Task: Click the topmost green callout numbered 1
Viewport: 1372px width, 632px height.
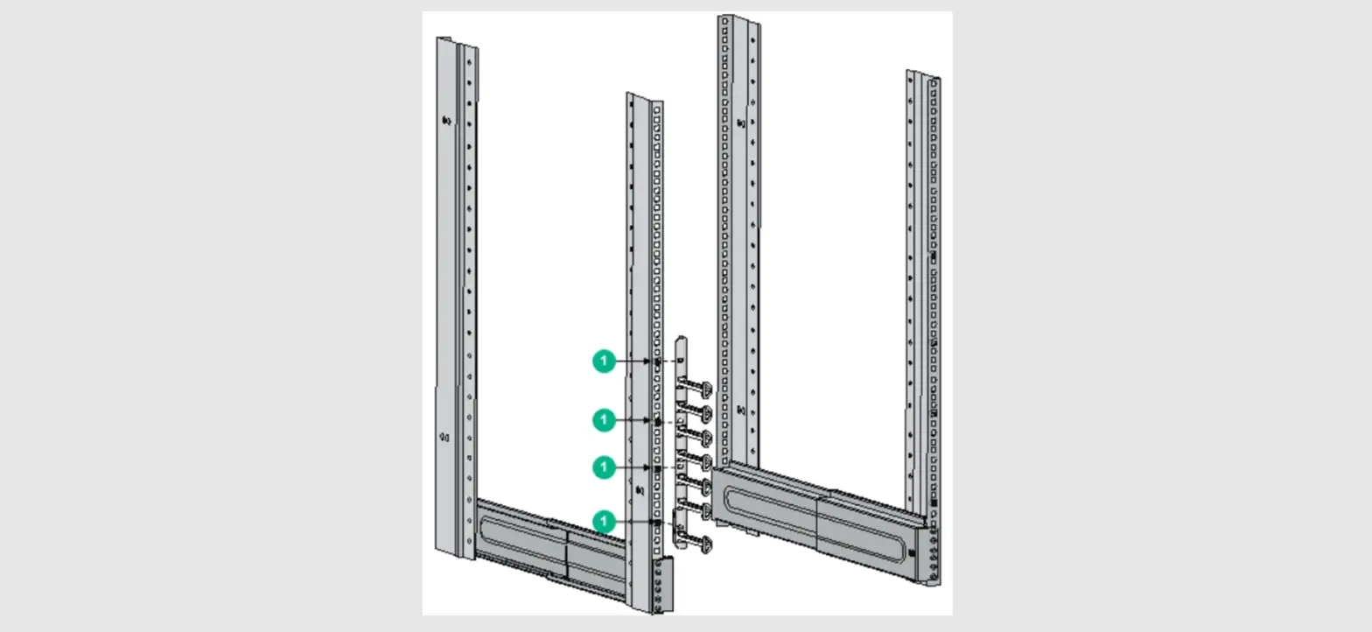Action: pos(604,360)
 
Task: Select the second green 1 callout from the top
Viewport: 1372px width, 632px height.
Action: pos(604,420)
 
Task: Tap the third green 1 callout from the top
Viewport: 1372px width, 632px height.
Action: pos(604,467)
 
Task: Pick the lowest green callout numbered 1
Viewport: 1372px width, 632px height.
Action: pos(604,522)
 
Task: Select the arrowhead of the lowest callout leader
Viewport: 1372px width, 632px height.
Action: pos(655,523)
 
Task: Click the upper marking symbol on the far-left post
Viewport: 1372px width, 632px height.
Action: pos(446,121)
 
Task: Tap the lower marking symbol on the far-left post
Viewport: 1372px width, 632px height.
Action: pos(444,437)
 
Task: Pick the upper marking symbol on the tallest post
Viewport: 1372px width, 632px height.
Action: pos(741,123)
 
